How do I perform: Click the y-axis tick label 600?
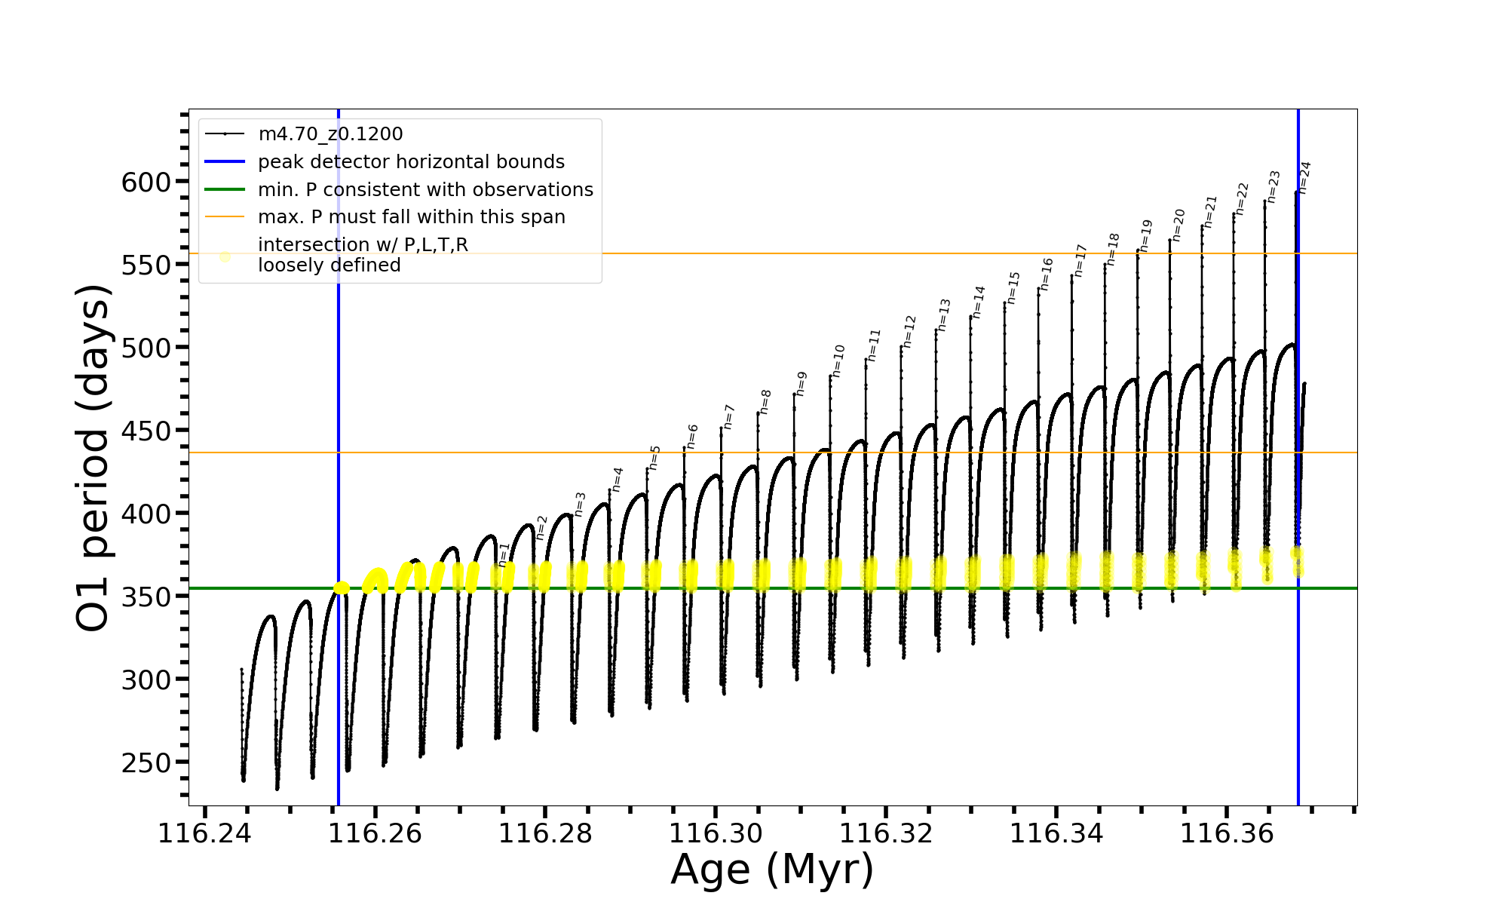pyautogui.click(x=146, y=182)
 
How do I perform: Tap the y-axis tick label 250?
pyautogui.click(x=146, y=762)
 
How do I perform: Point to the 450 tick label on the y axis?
pyautogui.click(x=146, y=431)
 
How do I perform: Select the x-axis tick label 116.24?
pyautogui.click(x=205, y=833)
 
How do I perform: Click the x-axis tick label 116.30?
pyautogui.click(x=716, y=833)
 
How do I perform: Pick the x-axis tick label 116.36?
pyautogui.click(x=1226, y=833)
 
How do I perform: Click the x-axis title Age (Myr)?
pyautogui.click(x=772, y=870)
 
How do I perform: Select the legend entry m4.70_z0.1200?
pyautogui.click(x=330, y=134)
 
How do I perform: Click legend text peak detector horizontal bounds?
pyautogui.click(x=411, y=162)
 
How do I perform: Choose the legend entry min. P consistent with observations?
pyautogui.click(x=425, y=190)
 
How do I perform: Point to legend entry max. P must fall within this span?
pyautogui.click(x=411, y=217)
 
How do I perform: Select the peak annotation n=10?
pyautogui.click(x=838, y=360)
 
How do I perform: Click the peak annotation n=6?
pyautogui.click(x=692, y=437)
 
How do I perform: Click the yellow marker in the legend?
pyautogui.click(x=225, y=256)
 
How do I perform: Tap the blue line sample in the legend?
pyautogui.click(x=225, y=162)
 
